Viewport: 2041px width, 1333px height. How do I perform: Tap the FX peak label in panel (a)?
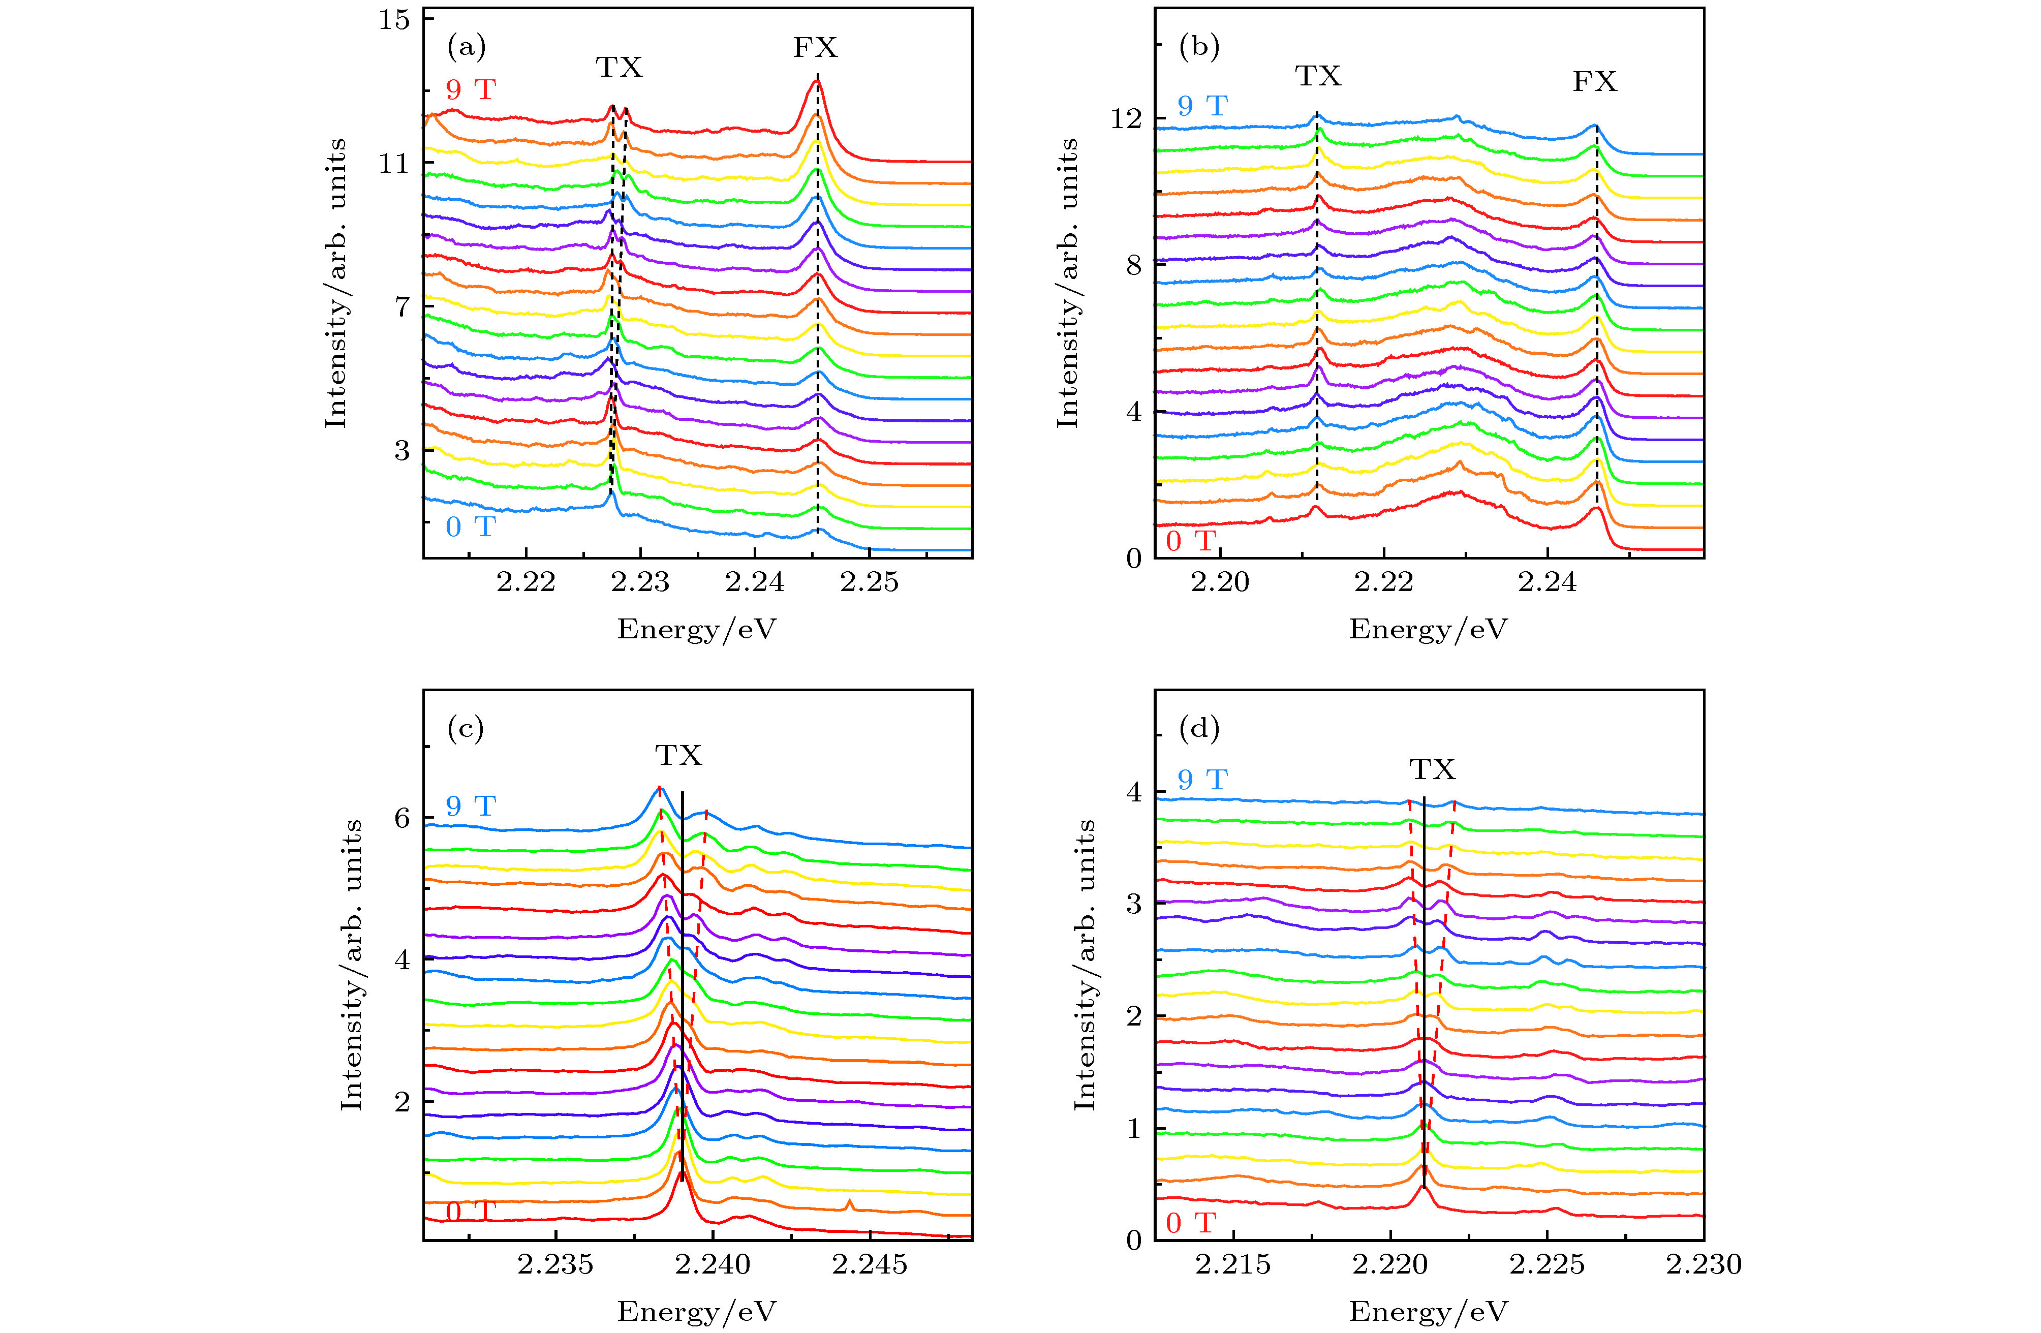(x=815, y=47)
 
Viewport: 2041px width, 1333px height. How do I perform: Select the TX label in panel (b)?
(x=1318, y=76)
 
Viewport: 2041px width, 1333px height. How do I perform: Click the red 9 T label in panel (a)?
(x=470, y=89)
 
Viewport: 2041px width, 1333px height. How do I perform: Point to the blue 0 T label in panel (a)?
(x=470, y=526)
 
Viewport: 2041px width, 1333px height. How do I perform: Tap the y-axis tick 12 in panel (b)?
(x=1126, y=118)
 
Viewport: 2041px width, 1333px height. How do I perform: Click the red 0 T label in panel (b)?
(x=1190, y=540)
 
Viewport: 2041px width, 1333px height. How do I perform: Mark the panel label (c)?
(x=466, y=728)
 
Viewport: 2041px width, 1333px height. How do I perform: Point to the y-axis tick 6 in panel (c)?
(x=402, y=818)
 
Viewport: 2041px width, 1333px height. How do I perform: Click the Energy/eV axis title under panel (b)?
(x=1428, y=630)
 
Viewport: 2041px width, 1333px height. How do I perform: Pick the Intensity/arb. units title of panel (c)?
(x=352, y=965)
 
